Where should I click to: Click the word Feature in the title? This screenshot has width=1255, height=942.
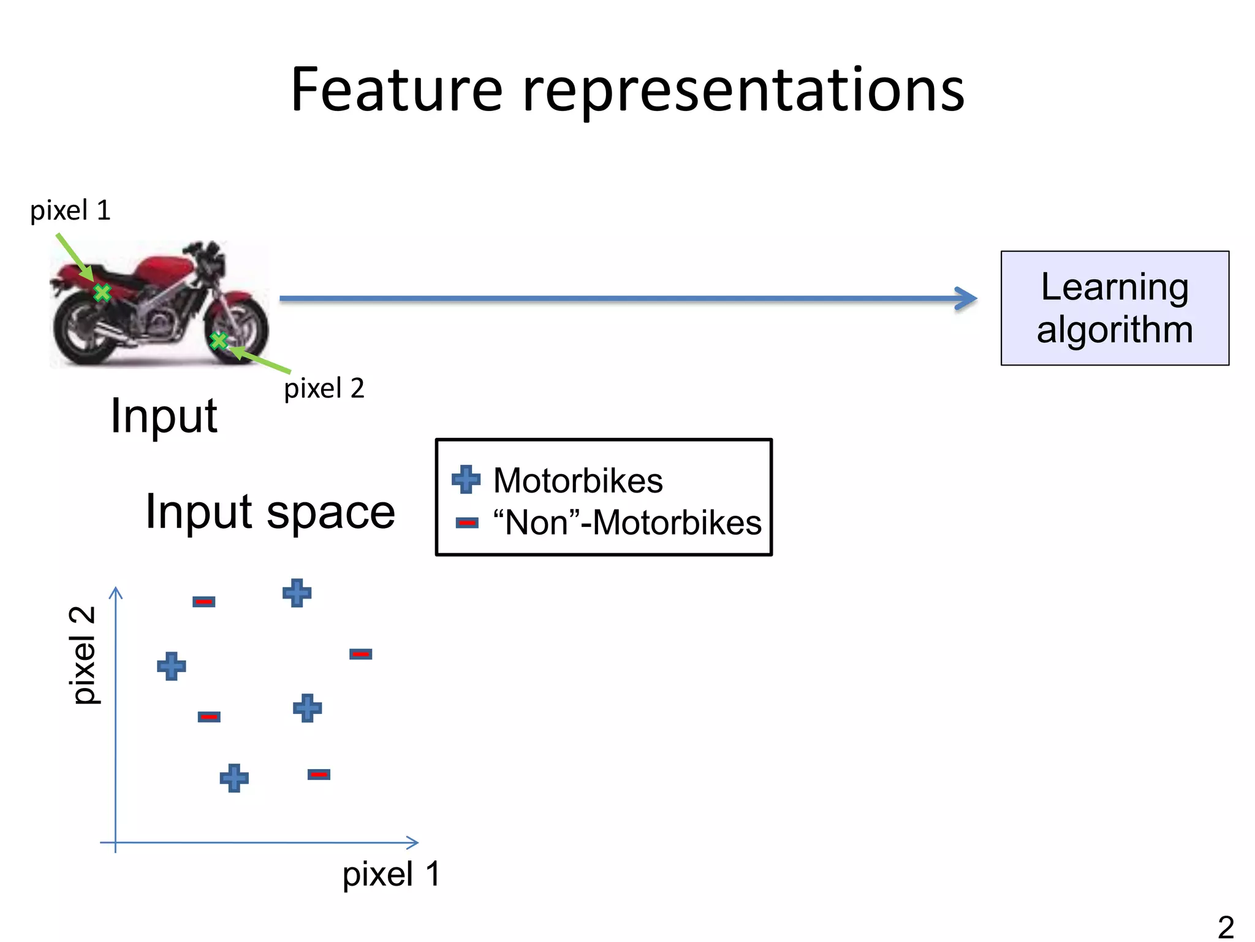click(x=396, y=90)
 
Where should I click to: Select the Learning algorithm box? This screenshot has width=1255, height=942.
click(x=1114, y=308)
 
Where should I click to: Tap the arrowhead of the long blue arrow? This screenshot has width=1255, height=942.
click(x=967, y=299)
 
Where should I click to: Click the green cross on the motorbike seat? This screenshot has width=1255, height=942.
click(x=102, y=293)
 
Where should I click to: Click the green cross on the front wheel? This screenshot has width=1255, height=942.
click(x=219, y=340)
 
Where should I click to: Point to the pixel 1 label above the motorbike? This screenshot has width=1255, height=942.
click(x=70, y=210)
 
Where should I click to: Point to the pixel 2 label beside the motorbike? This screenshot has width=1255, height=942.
click(x=324, y=388)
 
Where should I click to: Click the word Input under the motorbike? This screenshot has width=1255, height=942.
click(x=164, y=416)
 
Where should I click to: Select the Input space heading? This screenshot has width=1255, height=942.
click(x=270, y=511)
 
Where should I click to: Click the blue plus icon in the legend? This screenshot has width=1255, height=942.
click(x=466, y=480)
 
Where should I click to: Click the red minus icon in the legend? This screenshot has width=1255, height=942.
click(x=467, y=523)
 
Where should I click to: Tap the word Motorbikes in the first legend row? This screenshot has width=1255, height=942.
click(x=578, y=480)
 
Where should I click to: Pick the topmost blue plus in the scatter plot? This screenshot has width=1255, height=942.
click(x=297, y=593)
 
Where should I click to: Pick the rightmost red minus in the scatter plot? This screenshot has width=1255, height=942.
click(x=361, y=654)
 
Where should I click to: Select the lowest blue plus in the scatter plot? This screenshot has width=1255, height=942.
click(x=234, y=778)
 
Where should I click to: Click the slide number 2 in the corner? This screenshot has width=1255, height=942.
click(x=1226, y=926)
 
